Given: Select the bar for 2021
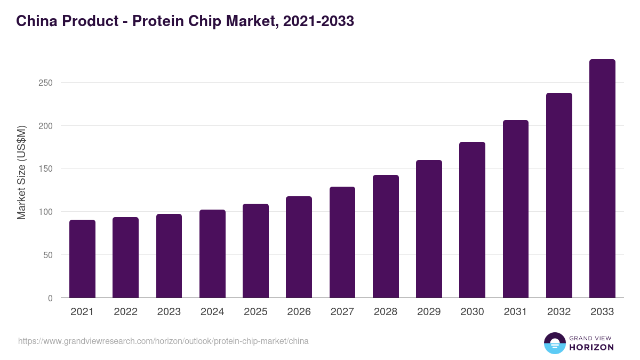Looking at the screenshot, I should click(x=82, y=259).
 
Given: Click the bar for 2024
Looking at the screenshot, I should click(x=212, y=254).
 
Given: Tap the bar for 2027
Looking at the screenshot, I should click(x=342, y=242).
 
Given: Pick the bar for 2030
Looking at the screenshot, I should click(x=472, y=220).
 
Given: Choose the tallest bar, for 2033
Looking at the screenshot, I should click(x=602, y=179).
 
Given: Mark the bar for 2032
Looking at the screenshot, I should click(x=559, y=195).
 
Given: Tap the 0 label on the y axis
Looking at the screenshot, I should click(x=50, y=298).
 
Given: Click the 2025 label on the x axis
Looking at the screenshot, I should click(x=255, y=312).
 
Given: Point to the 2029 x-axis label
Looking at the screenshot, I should click(x=429, y=312).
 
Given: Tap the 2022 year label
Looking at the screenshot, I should click(x=125, y=312).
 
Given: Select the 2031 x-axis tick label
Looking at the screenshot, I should click(x=516, y=312).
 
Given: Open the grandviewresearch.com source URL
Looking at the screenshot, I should click(x=163, y=341).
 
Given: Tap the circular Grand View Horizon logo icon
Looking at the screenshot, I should click(x=554, y=343).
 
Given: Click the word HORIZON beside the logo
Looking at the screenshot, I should click(x=591, y=347).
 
